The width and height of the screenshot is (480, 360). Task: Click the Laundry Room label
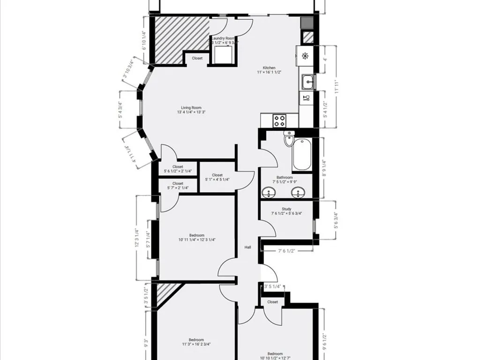tap(223, 38)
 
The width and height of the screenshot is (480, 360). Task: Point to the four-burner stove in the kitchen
tap(280, 121)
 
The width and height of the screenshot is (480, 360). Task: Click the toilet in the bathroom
tap(289, 140)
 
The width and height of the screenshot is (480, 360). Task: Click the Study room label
tap(286, 209)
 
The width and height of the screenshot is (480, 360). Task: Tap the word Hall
tap(248, 247)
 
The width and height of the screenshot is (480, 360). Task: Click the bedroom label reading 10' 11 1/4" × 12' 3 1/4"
tap(197, 238)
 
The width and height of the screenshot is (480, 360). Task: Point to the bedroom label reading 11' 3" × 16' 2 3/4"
tap(196, 342)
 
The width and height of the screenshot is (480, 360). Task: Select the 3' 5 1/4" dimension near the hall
tap(272, 286)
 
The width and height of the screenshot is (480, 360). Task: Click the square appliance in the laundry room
tap(222, 55)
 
